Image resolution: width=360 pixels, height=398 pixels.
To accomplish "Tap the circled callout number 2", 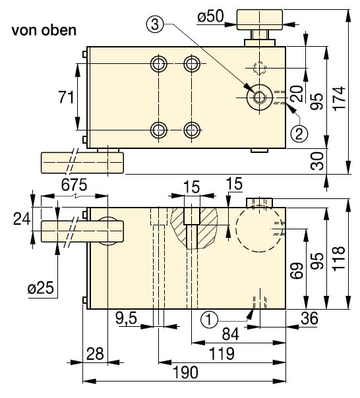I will click(298, 133).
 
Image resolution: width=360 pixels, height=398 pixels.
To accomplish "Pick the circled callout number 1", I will click(209, 319).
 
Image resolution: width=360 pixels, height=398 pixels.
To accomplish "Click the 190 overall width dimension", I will click(185, 373).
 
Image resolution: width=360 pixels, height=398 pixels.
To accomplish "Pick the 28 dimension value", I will click(96, 353).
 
